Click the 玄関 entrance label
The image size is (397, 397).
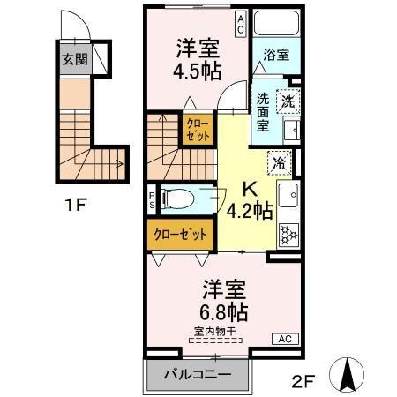pyautogui.click(x=74, y=60)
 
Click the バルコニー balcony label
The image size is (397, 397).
pyautogui.click(x=198, y=374)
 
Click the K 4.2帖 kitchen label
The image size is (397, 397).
pyautogui.click(x=246, y=201)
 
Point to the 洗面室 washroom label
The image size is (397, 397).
pyautogui.click(x=263, y=112)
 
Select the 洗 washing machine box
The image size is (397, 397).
pyautogui.click(x=288, y=101)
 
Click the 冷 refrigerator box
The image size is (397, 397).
pyautogui.click(x=277, y=163)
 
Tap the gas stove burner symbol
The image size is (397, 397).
pyautogui.click(x=288, y=235)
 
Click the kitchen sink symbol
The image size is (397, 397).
pyautogui.click(x=288, y=196)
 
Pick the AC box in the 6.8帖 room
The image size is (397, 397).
pyautogui.click(x=285, y=339)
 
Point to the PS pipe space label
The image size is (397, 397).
pyautogui.click(x=152, y=198)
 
